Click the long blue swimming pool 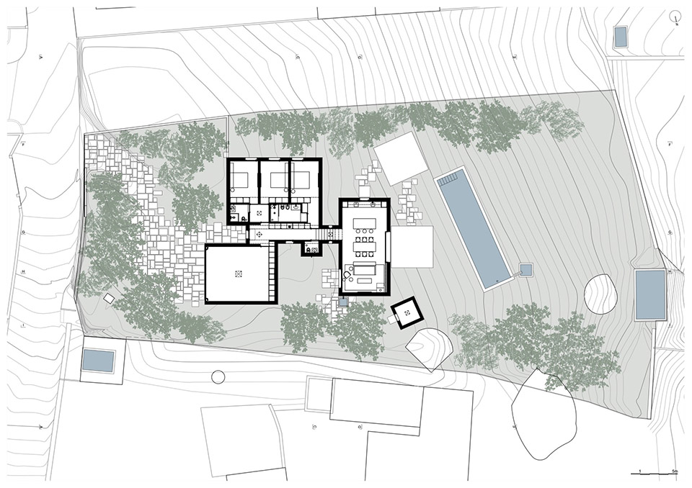pos(474,228)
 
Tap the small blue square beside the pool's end pos(525,270)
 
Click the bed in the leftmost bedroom pos(241,180)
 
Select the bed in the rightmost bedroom pos(303,180)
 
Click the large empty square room pos(240,274)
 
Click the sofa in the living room pos(364,271)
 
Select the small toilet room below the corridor pos(311,248)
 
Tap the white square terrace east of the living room pos(412,247)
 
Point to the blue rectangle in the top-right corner pos(620,37)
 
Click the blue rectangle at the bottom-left pos(98,361)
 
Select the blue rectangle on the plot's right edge pos(650,295)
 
